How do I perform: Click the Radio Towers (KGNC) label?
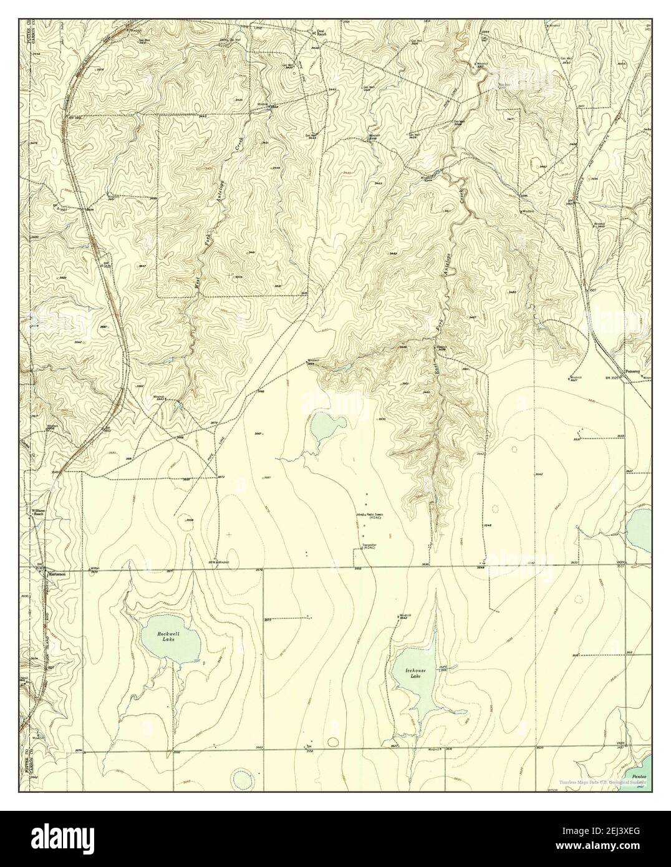tap(375, 515)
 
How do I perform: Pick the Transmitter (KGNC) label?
tap(370, 546)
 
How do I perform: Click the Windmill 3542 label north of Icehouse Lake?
tap(403, 616)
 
